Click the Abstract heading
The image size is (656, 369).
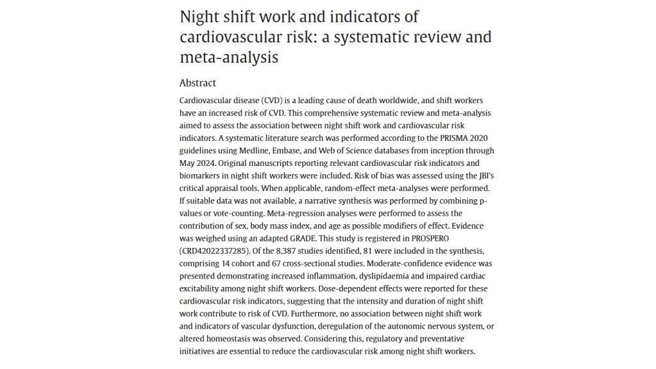[198, 83]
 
